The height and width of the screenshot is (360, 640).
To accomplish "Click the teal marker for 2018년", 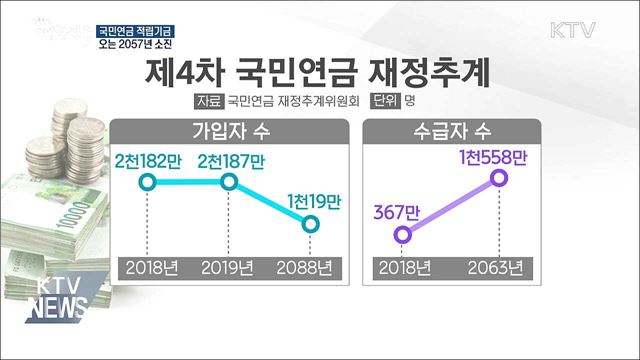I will click(147, 182).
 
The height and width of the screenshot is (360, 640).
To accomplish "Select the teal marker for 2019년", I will click(229, 182).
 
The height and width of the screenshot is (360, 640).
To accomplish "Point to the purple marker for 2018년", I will click(403, 234).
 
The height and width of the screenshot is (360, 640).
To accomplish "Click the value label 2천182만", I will click(147, 160).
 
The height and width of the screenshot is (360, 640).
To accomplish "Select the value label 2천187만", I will click(230, 160).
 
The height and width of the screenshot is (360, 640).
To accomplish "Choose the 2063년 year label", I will click(497, 268).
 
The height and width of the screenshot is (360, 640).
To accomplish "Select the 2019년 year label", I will click(229, 268).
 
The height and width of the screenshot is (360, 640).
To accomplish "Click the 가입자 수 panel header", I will click(230, 131).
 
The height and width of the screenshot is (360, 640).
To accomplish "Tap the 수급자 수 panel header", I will click(450, 131).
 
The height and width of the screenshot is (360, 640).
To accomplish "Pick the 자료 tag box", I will click(209, 101).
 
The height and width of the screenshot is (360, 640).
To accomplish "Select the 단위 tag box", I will click(384, 101).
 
